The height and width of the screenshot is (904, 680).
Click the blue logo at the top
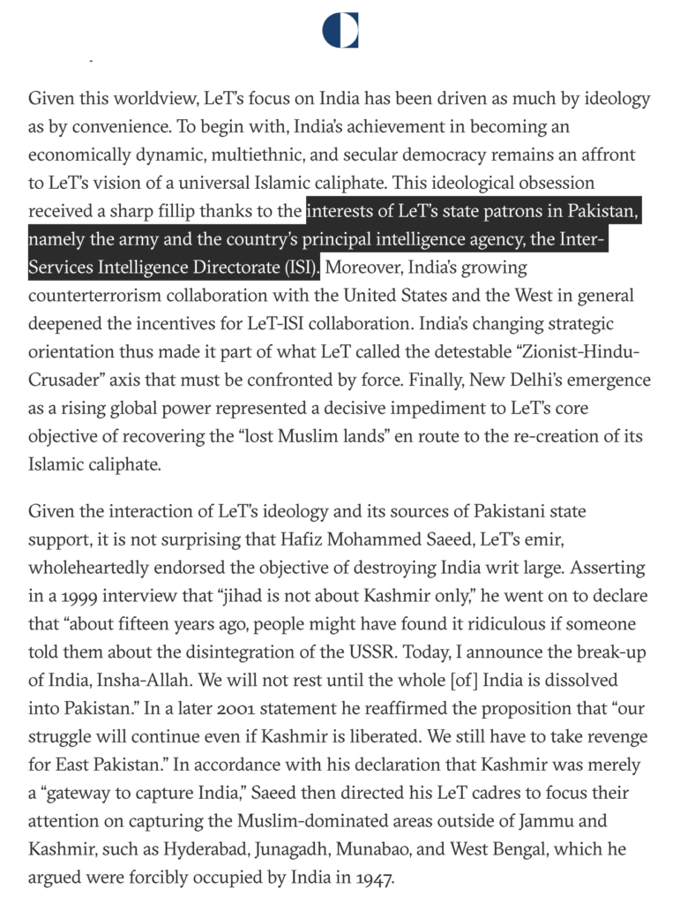(340, 30)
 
